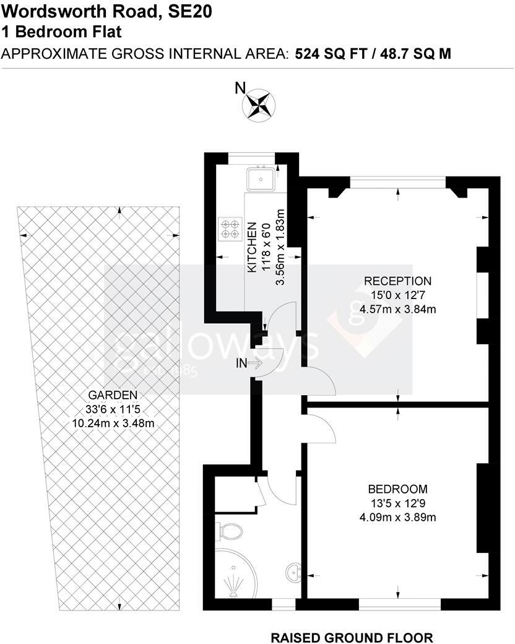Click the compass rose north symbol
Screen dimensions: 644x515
click(259, 103)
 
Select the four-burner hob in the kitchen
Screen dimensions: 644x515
click(231, 228)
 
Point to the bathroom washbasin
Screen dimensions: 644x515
click(292, 570)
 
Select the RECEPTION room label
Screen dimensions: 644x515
click(397, 281)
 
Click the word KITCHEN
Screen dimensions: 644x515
click(252, 248)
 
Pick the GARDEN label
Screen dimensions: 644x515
click(112, 394)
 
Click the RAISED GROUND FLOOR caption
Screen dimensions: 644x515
click(352, 637)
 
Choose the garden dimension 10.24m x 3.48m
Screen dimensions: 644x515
click(112, 423)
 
